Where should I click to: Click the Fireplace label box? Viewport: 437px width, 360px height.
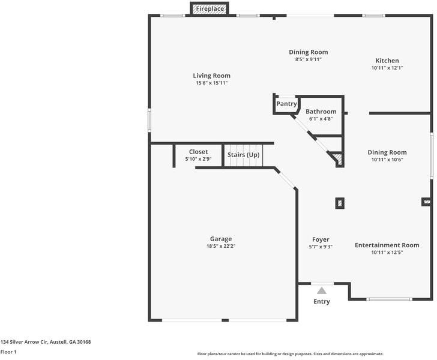pyautogui.click(x=209, y=8)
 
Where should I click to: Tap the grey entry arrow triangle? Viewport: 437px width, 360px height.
pyautogui.click(x=322, y=291)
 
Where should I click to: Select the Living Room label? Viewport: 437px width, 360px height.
pyautogui.click(x=211, y=76)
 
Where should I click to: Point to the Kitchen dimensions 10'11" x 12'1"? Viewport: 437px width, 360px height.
pyautogui.click(x=387, y=68)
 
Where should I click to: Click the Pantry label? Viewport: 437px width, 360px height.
pyautogui.click(x=286, y=104)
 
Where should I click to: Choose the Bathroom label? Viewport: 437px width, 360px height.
pyautogui.click(x=321, y=112)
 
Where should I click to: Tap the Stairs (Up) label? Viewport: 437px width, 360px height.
pyautogui.click(x=243, y=155)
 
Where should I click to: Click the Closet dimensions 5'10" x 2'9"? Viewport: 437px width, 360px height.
pyautogui.click(x=198, y=159)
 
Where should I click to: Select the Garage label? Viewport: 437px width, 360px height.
pyautogui.click(x=221, y=239)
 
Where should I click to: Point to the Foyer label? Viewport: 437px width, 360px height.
pyautogui.click(x=321, y=239)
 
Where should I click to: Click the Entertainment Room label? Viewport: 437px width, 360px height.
pyautogui.click(x=387, y=245)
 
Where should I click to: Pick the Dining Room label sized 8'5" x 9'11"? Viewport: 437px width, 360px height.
pyautogui.click(x=309, y=52)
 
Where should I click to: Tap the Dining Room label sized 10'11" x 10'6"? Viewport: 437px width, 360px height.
pyautogui.click(x=387, y=152)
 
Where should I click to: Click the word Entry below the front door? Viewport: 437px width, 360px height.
pyautogui.click(x=322, y=301)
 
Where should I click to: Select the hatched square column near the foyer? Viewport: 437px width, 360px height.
pyautogui.click(x=340, y=203)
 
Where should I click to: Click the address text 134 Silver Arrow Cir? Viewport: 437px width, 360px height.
pyautogui.click(x=24, y=342)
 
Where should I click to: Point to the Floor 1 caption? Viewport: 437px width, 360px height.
pyautogui.click(x=8, y=352)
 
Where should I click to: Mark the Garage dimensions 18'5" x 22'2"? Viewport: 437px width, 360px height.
pyautogui.click(x=221, y=246)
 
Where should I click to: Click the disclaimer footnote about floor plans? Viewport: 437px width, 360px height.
pyautogui.click(x=291, y=354)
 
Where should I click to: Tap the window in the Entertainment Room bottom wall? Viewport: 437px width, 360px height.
pyautogui.click(x=389, y=299)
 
